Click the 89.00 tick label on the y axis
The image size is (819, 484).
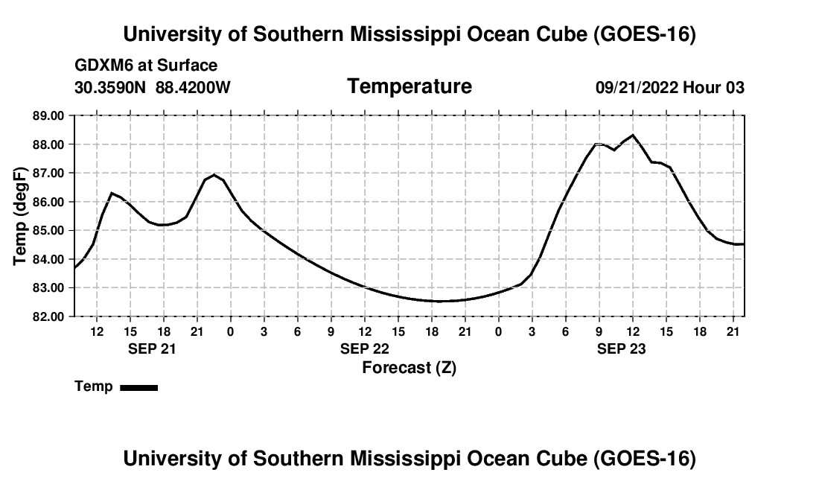[48, 115]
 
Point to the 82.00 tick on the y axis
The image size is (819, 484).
[48, 316]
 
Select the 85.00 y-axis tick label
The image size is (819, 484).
[48, 230]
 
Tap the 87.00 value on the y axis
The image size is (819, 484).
[48, 173]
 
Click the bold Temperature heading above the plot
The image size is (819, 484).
[409, 86]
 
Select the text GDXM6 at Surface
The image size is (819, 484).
[146, 66]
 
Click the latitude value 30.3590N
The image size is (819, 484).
[110, 87]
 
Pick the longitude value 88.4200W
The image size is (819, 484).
[193, 87]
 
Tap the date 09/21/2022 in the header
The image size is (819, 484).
[637, 87]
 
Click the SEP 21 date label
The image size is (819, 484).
[152, 348]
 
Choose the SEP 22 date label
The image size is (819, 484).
[365, 348]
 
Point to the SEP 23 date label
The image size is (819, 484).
[622, 348]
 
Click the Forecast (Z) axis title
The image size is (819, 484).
[409, 368]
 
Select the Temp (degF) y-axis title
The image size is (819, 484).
[20, 216]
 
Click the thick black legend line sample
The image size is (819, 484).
[139, 387]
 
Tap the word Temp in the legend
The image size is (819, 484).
[94, 386]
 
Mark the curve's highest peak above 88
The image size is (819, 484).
[633, 136]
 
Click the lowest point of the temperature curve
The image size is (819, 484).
[438, 302]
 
